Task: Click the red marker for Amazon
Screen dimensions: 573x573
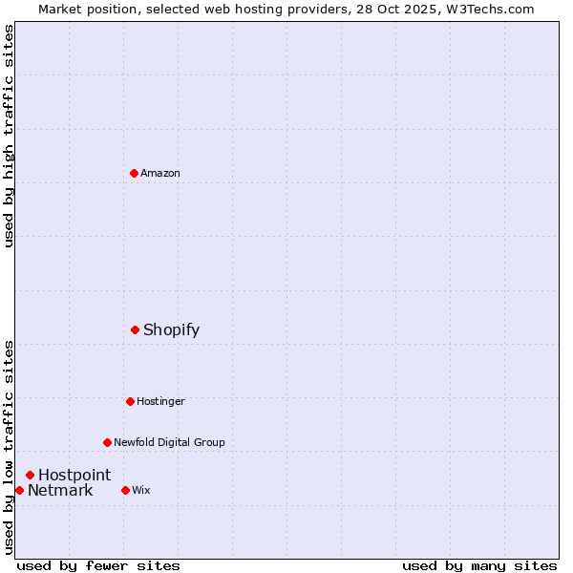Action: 134,173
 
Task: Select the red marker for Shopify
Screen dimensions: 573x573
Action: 135,329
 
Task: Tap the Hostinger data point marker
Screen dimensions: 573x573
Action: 130,401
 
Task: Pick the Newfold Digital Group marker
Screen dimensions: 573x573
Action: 107,442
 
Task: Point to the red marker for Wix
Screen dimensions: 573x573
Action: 125,490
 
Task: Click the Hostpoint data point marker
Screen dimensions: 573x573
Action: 30,475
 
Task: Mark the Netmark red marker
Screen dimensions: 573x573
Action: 19,490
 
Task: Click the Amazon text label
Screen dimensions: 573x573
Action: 160,173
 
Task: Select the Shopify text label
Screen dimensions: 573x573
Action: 171,329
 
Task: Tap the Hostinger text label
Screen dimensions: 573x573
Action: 160,401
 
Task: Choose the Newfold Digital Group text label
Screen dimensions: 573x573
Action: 169,442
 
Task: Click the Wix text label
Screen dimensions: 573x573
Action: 141,490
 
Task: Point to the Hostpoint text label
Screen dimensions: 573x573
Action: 74,475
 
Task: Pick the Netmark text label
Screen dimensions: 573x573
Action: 60,491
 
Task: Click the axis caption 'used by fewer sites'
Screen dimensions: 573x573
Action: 98,565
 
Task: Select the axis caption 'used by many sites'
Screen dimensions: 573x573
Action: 479,565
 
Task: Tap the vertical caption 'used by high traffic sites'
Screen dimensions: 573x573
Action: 9,137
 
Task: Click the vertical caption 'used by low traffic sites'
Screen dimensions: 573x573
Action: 9,447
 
